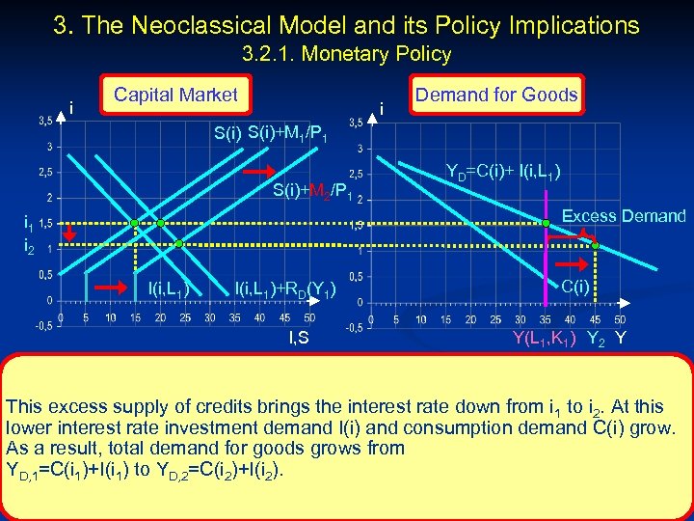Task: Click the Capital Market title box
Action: [174, 95]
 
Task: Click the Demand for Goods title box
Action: [495, 95]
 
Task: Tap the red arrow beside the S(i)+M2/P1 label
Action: [258, 171]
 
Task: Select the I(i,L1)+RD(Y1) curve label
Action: [285, 287]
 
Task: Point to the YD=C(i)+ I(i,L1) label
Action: [504, 173]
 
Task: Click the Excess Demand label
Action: [624, 216]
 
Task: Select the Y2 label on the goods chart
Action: [597, 338]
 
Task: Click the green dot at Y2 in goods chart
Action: [596, 246]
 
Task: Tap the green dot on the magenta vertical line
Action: [546, 224]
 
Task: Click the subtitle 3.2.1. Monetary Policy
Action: [347, 54]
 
